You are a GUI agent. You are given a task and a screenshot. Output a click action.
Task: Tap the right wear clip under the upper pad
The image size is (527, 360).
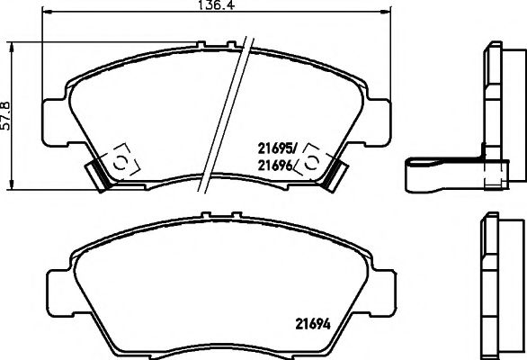pyautogui.click(x=335, y=172)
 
